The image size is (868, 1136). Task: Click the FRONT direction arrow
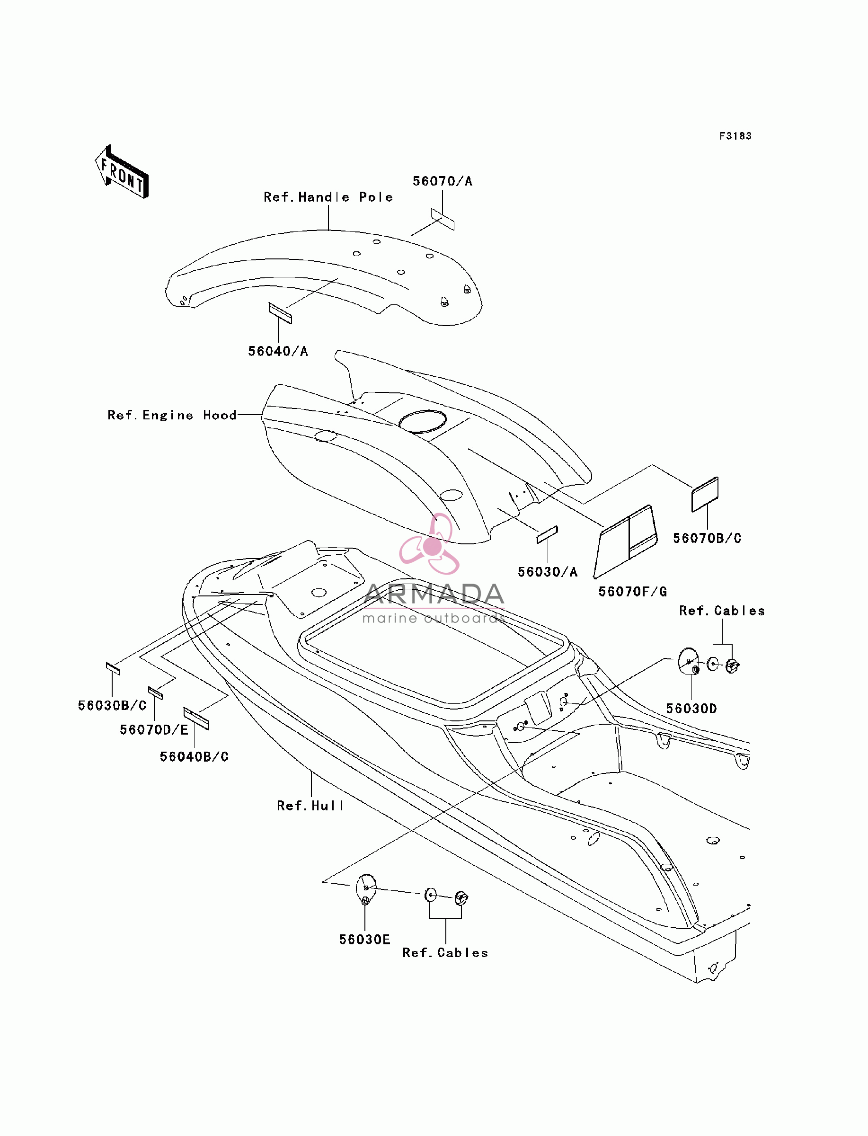(x=122, y=171)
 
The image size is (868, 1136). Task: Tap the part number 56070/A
(x=442, y=181)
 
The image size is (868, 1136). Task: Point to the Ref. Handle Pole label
(x=328, y=197)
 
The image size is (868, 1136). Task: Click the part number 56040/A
(x=278, y=351)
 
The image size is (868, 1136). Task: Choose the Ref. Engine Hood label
(x=172, y=415)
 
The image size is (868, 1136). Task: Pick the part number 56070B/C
(x=707, y=538)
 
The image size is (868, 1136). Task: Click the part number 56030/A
(x=548, y=572)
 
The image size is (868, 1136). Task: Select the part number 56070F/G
(x=632, y=592)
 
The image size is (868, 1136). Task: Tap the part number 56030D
(x=691, y=709)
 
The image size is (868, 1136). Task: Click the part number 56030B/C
(x=112, y=706)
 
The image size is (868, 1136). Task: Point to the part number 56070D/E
(x=154, y=730)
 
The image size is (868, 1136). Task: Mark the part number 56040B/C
(x=194, y=757)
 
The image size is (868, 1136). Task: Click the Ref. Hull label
(x=310, y=806)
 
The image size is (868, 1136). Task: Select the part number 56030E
(x=364, y=940)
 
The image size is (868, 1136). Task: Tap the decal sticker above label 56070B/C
(x=705, y=494)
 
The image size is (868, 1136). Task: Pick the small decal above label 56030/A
(x=547, y=535)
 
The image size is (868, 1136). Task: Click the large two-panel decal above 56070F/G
(x=626, y=541)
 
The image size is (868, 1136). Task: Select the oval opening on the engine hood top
(x=423, y=422)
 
